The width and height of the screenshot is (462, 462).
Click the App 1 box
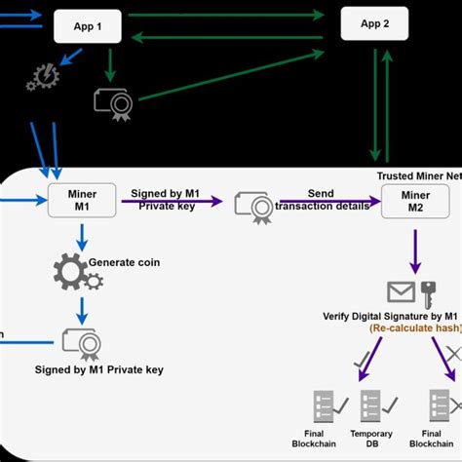87,26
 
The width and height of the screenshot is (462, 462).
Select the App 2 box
375,23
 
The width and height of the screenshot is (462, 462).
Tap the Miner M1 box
82,201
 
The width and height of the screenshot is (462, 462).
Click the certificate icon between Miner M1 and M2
255,205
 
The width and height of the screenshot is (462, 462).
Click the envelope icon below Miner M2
401,290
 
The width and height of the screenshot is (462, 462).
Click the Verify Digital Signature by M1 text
390,316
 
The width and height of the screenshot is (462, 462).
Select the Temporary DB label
371,439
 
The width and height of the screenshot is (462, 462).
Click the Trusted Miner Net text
418,175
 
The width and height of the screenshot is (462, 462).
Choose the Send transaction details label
322,200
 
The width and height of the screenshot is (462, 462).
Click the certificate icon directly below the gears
80,341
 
